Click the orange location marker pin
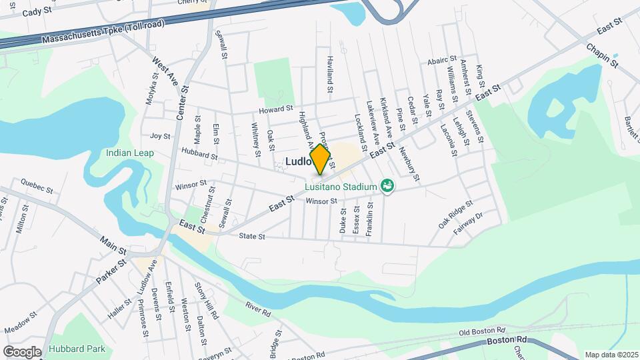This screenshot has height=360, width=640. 320,159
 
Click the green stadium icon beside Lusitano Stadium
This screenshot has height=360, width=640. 386,185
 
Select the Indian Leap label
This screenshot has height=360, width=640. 130,153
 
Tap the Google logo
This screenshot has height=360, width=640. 22,351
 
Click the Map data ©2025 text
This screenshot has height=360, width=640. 611,355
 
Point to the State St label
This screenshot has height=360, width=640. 252,237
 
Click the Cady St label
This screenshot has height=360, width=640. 36,12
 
